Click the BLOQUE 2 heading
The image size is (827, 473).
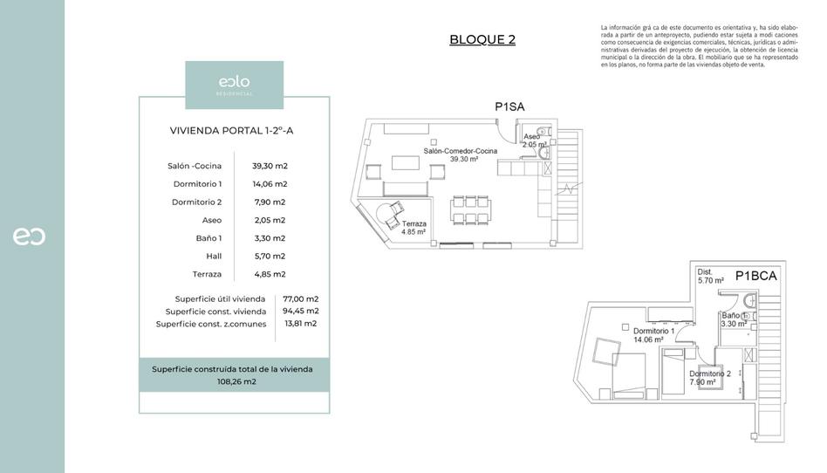coord(482,39)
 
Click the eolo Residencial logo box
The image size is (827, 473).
coord(234,85)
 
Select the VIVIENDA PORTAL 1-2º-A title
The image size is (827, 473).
coord(233,131)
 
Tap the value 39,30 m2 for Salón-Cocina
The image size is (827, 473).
coord(270,166)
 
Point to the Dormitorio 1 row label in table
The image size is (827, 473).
coord(197,184)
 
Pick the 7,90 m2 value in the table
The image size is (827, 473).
coord(270,202)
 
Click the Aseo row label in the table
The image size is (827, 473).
coord(212,220)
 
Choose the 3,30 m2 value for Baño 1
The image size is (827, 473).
coord(270,238)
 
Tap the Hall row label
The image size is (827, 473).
coord(214,257)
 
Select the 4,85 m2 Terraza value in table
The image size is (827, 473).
coord(270,274)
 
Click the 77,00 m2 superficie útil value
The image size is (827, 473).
coord(301,298)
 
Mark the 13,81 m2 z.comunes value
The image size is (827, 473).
coord(301,323)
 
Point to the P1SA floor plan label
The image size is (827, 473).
coord(509,106)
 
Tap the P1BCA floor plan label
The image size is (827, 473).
coord(755,276)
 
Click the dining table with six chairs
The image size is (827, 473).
coord(470,209)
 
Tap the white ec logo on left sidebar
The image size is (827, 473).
coord(29,236)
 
